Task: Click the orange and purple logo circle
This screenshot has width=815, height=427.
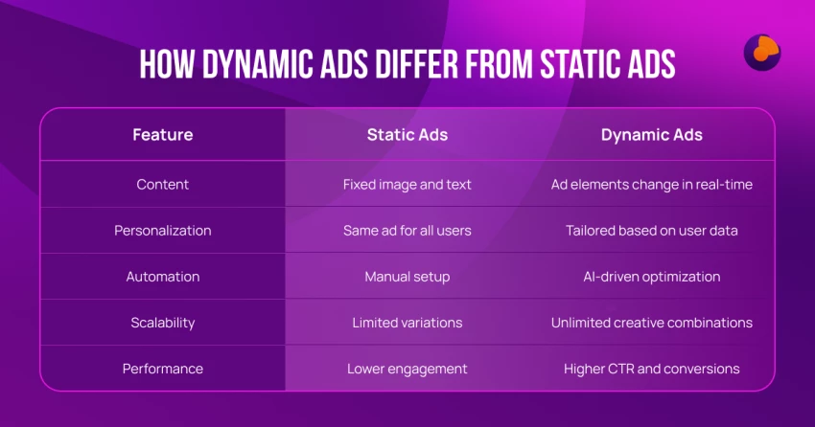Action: click(x=762, y=53)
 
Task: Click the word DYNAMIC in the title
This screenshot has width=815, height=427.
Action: click(x=257, y=64)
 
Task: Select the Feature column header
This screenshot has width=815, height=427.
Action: click(x=163, y=135)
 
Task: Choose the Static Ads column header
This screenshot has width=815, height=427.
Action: click(x=407, y=135)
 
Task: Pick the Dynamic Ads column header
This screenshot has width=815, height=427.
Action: click(x=652, y=135)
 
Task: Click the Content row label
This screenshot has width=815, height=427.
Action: click(x=163, y=185)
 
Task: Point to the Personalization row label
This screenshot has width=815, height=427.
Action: click(x=163, y=231)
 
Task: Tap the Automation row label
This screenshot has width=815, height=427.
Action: click(x=163, y=277)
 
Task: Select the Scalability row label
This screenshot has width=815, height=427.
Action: click(x=163, y=323)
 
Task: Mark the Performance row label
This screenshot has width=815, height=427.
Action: click(x=163, y=369)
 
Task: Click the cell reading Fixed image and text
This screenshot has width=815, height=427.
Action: click(x=407, y=185)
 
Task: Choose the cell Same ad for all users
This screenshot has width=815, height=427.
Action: click(x=407, y=231)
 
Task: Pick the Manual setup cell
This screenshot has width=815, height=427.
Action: click(x=407, y=277)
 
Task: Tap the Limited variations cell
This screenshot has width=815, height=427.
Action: click(x=407, y=323)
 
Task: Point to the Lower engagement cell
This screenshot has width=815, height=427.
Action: click(x=407, y=369)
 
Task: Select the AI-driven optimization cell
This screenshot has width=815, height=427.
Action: click(x=652, y=277)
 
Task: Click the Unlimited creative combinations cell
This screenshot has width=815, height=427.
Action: click(x=652, y=323)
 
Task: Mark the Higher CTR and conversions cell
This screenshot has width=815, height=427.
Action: click(x=652, y=369)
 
